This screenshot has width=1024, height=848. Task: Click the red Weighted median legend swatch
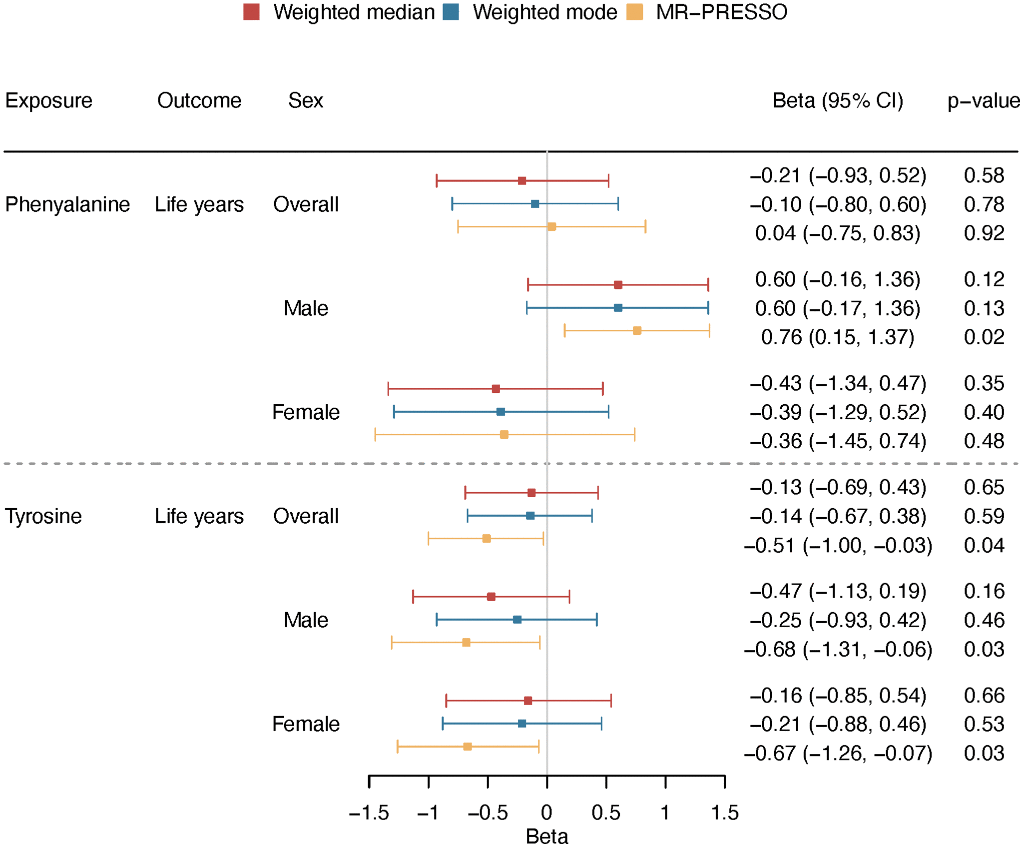[251, 12]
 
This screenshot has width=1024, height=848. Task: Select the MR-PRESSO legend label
[721, 12]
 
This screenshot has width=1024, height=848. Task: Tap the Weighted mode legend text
[544, 12]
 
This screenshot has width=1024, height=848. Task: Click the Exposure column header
[48, 100]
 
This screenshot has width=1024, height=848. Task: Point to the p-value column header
[983, 100]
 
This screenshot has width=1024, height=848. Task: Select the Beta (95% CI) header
[838, 100]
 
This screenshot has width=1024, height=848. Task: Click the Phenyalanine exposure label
[67, 204]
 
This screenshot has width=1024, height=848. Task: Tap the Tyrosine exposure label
[43, 516]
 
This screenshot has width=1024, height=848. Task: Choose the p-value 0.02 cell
[984, 337]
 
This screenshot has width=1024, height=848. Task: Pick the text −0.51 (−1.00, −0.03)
[838, 545]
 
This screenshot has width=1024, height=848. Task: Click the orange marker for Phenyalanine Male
[637, 331]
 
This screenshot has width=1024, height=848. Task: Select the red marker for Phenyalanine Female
[496, 389]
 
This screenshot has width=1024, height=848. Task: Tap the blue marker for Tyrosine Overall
[530, 516]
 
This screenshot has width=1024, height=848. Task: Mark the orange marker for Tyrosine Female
[467, 747]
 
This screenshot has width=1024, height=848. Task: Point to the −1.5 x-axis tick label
[369, 813]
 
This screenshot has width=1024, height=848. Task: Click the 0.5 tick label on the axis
[606, 813]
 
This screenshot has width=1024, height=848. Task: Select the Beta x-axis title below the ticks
[547, 837]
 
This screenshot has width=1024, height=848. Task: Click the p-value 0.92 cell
[984, 233]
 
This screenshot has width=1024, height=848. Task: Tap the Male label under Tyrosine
[306, 620]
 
